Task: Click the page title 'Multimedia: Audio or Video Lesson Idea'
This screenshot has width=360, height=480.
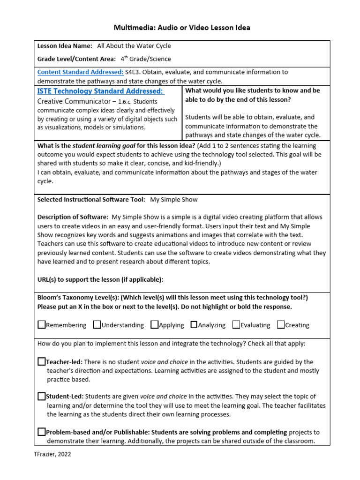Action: pos(182,28)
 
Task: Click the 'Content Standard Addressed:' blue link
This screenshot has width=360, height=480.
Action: pos(80,72)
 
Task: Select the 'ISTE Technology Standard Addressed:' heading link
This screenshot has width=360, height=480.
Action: pos(100,91)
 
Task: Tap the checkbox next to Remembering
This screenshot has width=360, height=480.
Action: pos(41,324)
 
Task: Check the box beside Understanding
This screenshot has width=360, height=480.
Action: pos(97,324)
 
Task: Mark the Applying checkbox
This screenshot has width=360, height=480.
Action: pos(154,324)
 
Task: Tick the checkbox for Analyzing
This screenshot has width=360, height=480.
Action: pos(194,324)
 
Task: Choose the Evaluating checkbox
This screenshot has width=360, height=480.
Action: pos(236,324)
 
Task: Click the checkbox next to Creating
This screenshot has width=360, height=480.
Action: pos(281,324)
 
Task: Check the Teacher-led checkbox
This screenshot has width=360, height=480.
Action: pos(41,361)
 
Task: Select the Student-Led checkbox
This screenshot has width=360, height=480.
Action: pos(41,396)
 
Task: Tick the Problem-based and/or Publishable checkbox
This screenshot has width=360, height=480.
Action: pos(41,432)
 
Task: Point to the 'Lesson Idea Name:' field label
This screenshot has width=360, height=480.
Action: pos(65,46)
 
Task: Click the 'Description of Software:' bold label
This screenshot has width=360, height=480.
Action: pos(73,217)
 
